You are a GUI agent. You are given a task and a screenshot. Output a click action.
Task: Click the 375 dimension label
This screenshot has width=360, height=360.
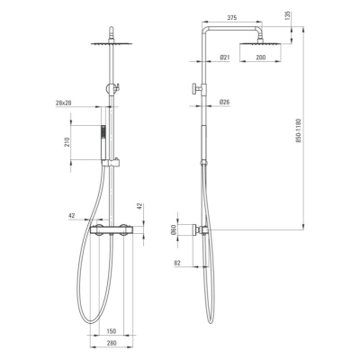pos(231,18)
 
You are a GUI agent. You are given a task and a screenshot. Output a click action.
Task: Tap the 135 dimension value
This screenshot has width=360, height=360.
pos(287,14)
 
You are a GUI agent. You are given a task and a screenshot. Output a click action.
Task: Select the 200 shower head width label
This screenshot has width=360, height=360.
pos(261,58)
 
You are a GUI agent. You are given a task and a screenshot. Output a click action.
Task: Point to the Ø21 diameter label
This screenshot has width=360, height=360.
pos(225,58)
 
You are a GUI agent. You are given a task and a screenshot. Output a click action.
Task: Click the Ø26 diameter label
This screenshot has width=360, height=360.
pos(225,103)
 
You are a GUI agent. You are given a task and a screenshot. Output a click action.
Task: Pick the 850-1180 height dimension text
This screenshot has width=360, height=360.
pos(298,130)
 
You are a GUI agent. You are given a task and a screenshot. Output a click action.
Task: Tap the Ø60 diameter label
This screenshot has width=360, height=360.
pos(173,231)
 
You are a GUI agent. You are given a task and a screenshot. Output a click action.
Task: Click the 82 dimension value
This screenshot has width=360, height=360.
pos(177,263)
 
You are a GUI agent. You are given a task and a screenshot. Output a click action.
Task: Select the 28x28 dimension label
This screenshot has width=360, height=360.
pos(63,103)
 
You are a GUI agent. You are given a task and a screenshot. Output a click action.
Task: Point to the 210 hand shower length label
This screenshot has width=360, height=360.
pos(67,142)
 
